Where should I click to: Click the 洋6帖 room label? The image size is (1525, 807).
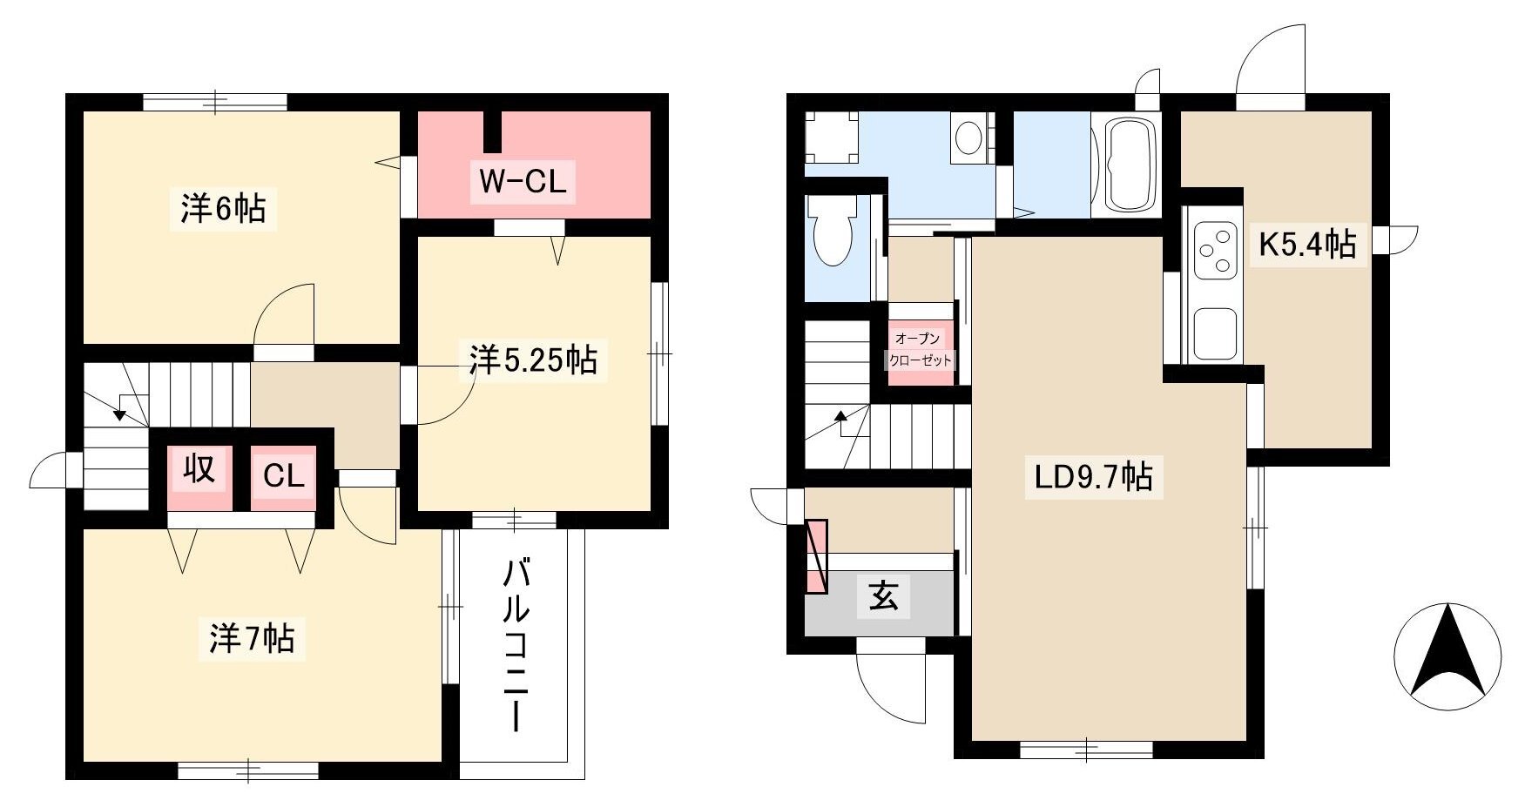223,209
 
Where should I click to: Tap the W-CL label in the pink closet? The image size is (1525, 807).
523,181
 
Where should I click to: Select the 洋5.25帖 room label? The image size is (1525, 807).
533,359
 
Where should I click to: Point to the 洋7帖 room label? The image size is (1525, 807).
252,638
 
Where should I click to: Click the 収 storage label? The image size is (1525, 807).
199,469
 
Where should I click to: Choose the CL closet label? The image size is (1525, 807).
284,476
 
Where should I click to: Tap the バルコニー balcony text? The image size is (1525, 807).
516,646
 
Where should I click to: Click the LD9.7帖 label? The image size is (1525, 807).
1094,477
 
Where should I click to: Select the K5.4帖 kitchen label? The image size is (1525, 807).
1307,244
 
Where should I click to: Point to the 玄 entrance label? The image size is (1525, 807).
883,596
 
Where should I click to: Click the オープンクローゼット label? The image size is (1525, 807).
921,349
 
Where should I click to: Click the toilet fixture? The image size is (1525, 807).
833,231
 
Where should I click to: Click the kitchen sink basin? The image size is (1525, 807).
1215,333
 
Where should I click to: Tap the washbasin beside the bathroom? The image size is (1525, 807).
968,138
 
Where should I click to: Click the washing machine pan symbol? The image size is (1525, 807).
831,138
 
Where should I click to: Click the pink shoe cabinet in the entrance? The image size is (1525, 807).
816,556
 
